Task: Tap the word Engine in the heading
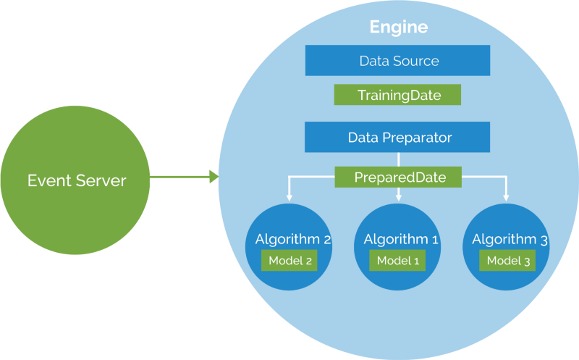click(399, 28)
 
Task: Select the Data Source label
click(399, 61)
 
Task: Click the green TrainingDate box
click(398, 95)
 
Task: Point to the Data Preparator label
click(399, 137)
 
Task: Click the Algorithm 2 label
click(292, 239)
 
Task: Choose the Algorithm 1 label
click(400, 239)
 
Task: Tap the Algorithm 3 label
click(509, 239)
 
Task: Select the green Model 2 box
click(289, 261)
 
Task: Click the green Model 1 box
click(397, 261)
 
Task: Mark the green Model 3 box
click(507, 261)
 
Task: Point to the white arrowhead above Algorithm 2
click(289, 196)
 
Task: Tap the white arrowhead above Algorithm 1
click(399, 196)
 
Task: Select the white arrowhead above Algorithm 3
click(507, 196)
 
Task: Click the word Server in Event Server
click(102, 180)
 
